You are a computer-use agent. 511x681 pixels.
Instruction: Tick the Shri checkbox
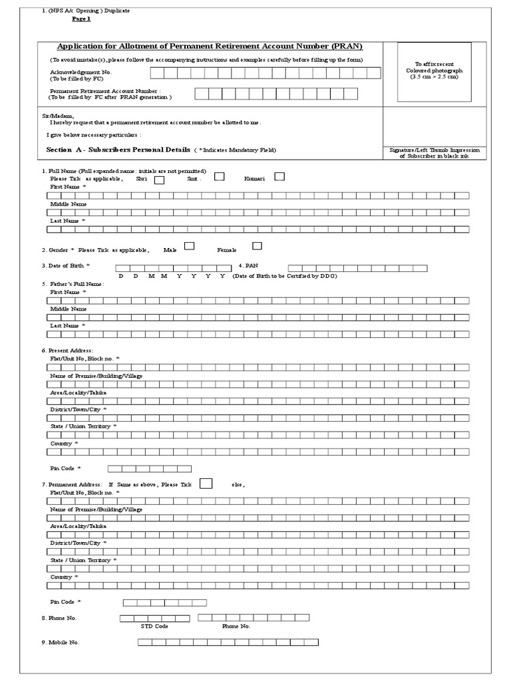[160, 180]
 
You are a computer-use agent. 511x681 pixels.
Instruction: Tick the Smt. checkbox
[219, 176]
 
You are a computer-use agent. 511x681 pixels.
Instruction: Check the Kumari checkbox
[279, 176]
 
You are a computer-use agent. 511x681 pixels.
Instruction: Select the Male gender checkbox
[189, 246]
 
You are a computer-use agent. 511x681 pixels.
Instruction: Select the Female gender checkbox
[257, 246]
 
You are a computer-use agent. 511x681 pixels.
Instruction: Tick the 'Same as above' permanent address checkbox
[206, 483]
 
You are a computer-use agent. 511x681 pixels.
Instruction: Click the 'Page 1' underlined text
[81, 19]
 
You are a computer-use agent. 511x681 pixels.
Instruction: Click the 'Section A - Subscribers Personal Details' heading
[118, 150]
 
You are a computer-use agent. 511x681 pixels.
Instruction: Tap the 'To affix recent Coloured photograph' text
[434, 70]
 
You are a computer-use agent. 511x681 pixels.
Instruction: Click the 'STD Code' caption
[154, 626]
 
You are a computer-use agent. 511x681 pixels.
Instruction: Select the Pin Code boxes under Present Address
[149, 469]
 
